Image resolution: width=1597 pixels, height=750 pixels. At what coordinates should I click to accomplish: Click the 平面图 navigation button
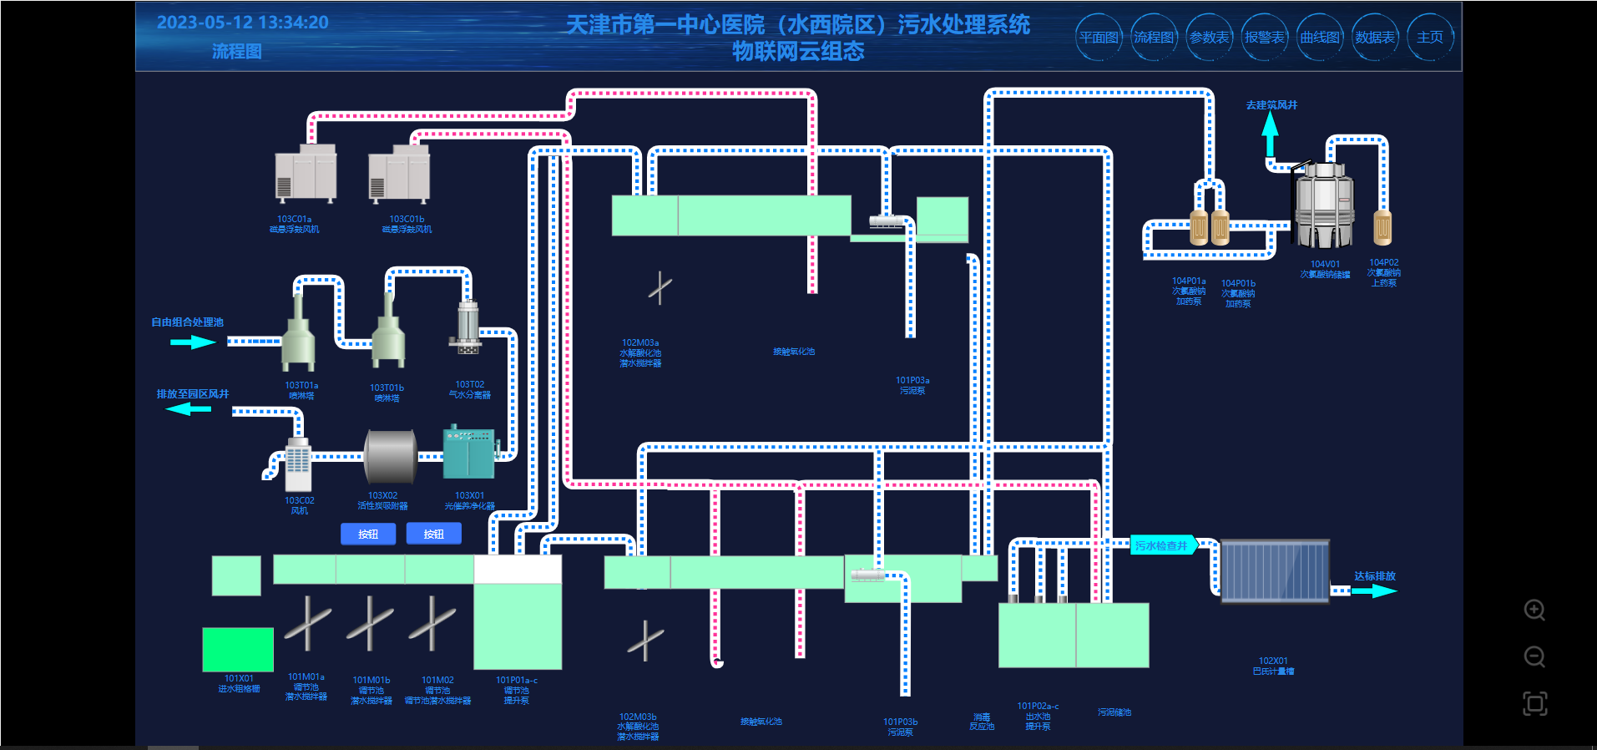click(1099, 38)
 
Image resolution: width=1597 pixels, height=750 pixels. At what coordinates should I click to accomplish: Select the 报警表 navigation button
click(1264, 38)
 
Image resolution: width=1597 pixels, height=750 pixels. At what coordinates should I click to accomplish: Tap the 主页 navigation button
click(1429, 38)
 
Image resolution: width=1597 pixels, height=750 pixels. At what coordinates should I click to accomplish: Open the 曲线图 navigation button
click(1320, 38)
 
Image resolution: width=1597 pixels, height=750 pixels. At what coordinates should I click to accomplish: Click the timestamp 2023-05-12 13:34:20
click(243, 23)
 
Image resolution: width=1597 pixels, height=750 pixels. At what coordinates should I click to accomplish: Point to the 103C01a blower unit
click(306, 174)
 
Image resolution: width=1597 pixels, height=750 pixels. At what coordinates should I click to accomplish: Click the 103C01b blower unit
click(399, 174)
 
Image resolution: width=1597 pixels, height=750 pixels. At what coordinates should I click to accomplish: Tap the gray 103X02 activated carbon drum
click(391, 456)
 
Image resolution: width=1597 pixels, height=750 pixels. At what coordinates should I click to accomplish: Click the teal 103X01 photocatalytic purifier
click(469, 453)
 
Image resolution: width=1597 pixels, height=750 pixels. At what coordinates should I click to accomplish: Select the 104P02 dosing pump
click(1382, 226)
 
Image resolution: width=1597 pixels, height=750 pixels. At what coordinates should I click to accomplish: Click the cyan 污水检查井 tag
click(1163, 545)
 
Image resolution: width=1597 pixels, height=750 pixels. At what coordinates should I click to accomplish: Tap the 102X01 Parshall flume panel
click(1274, 571)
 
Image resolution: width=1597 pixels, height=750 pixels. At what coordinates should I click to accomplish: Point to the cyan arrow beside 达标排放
click(1374, 590)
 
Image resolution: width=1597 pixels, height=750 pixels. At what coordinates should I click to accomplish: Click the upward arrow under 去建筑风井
click(1270, 133)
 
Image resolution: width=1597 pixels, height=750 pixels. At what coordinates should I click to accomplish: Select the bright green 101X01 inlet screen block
click(238, 650)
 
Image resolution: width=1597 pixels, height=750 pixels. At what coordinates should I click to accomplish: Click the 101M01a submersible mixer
click(307, 623)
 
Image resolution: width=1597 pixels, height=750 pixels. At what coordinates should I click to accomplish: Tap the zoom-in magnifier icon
click(1534, 610)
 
